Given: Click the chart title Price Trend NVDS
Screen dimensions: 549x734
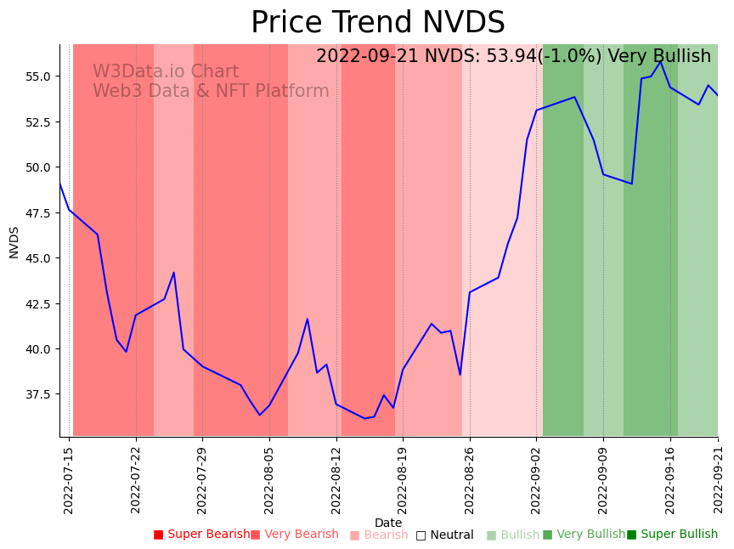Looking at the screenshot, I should (377, 23).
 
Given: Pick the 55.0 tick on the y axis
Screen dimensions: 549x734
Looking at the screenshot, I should (40, 76).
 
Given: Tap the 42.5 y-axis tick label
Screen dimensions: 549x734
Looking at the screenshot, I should (40, 303).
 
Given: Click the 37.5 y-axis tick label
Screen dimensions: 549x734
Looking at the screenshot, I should (40, 394).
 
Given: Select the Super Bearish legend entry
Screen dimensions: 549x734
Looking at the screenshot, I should (201, 535).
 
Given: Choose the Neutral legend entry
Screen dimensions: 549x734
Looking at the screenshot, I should (444, 535).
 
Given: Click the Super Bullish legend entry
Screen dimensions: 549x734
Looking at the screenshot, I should (672, 535).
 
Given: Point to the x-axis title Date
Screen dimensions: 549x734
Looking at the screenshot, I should (388, 524).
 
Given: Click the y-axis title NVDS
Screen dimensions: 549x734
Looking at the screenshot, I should (14, 242).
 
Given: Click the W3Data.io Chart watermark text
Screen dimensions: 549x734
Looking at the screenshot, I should (166, 72).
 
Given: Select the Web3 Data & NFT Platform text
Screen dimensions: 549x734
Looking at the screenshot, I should (211, 92).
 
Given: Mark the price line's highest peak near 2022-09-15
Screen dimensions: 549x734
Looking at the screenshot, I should (660, 61).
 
